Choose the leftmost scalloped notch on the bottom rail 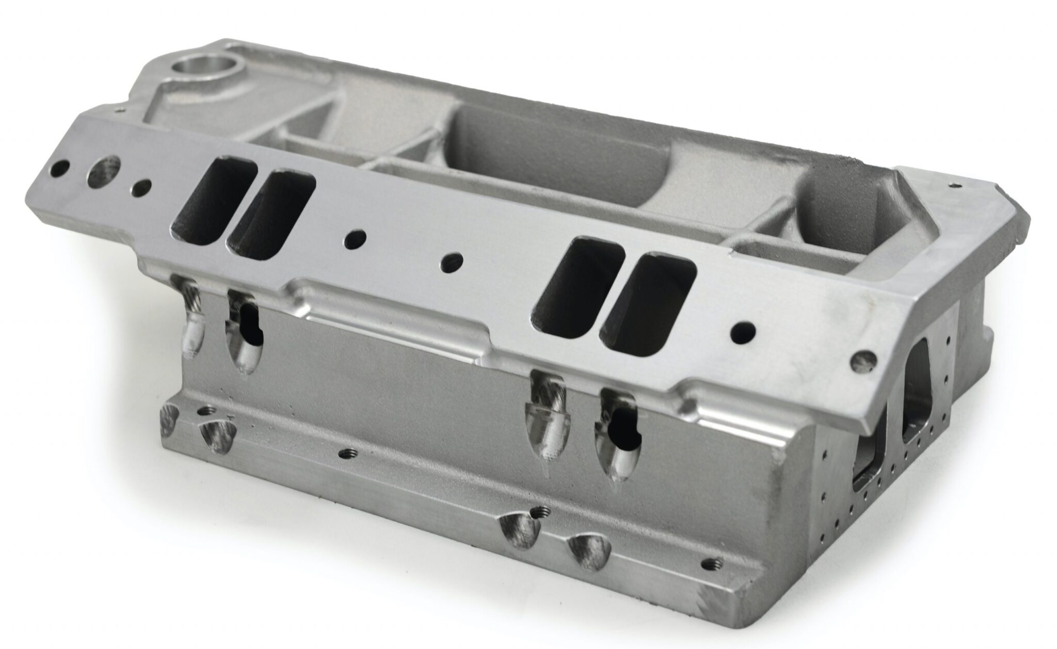pos(168,417)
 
